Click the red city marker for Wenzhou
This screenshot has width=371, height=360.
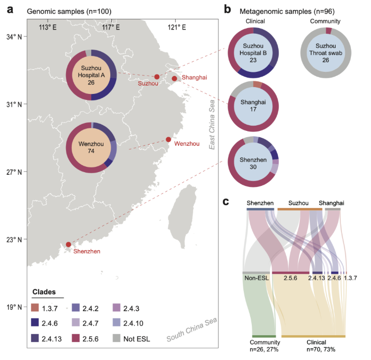click(x=168, y=139)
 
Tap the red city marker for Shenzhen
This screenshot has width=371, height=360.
click(x=69, y=244)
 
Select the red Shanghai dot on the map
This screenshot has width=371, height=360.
click(x=174, y=79)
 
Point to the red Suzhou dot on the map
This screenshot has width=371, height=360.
click(x=157, y=77)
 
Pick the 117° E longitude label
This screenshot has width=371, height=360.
click(x=111, y=26)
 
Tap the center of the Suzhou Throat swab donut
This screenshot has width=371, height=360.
click(x=326, y=54)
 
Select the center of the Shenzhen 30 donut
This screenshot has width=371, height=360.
click(x=253, y=161)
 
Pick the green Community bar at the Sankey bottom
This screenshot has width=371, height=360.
click(x=264, y=336)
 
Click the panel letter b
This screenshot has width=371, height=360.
click(x=227, y=8)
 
